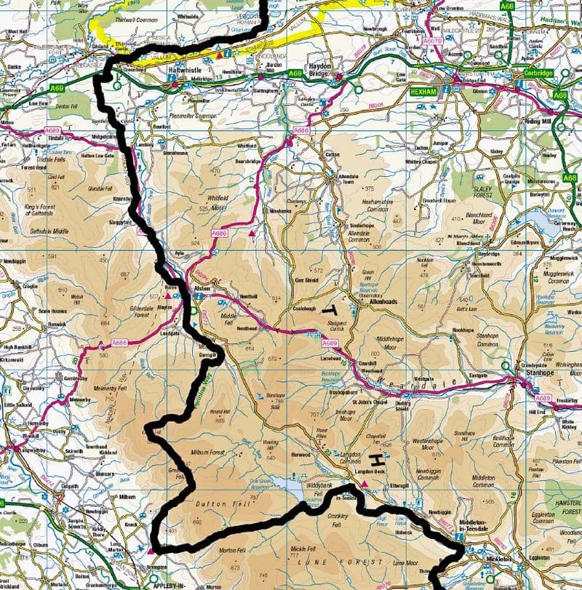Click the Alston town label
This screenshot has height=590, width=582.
[202, 290]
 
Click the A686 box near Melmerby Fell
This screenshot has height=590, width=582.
[120, 342]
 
